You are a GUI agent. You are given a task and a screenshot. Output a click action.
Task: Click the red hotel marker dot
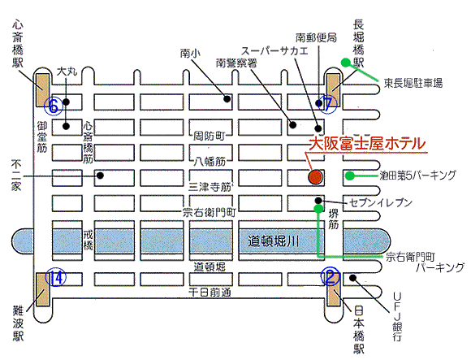coord(315,176)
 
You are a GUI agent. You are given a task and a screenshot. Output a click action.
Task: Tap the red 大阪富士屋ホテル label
coord(367,144)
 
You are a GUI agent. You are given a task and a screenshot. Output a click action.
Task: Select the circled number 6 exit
coord(53,106)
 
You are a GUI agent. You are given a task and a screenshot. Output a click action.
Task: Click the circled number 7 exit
coord(328,104)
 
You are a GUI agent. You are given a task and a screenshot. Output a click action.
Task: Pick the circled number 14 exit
coord(55,278)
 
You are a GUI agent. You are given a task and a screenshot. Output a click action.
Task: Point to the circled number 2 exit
coord(331,277)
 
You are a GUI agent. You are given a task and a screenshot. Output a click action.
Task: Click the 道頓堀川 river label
coord(273,241)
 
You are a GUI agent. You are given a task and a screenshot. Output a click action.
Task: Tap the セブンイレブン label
coord(381,203)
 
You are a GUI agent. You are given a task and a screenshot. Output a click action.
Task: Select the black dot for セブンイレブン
coord(318,201)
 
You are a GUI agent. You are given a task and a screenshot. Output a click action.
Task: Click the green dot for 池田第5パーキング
coord(349,176)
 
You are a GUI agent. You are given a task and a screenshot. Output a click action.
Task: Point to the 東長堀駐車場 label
coord(413,83)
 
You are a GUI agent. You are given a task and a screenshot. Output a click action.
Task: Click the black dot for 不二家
coord(101,175)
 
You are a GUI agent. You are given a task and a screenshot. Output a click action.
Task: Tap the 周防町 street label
coord(209,136)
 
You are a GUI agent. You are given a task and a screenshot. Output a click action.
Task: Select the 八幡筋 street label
coord(210,162)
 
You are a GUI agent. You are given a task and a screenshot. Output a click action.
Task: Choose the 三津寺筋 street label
coord(210,187)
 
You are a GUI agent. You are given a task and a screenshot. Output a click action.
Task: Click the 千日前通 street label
coord(210,292)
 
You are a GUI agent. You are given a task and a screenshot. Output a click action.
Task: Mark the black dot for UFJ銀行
coord(353,278)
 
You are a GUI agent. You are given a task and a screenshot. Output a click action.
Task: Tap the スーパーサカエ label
coord(274,50)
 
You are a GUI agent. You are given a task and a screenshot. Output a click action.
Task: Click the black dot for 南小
coord(227,98)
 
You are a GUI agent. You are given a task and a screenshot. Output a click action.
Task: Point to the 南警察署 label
coord(236,63)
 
